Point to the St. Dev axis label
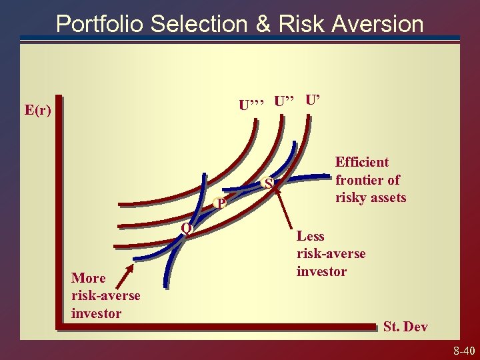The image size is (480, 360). pyautogui.click(x=405, y=326)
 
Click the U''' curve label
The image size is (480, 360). pyautogui.click(x=253, y=105)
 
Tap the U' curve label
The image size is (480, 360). pyautogui.click(x=313, y=101)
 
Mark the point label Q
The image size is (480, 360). pyautogui.click(x=187, y=229)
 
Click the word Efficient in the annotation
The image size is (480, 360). pyautogui.click(x=362, y=162)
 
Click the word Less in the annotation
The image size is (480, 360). pyautogui.click(x=310, y=235)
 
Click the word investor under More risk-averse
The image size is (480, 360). pyautogui.click(x=96, y=313)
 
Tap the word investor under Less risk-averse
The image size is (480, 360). pyautogui.click(x=321, y=271)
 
